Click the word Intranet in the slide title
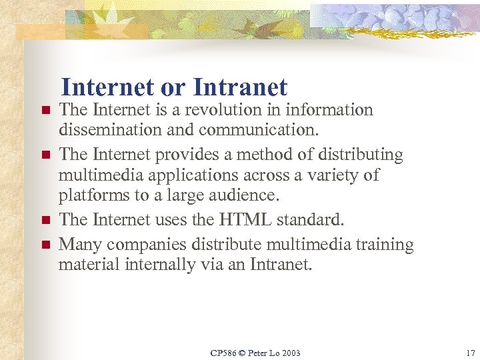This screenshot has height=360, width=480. coord(240,87)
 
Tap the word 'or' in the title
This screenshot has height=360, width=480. coord(174,87)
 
